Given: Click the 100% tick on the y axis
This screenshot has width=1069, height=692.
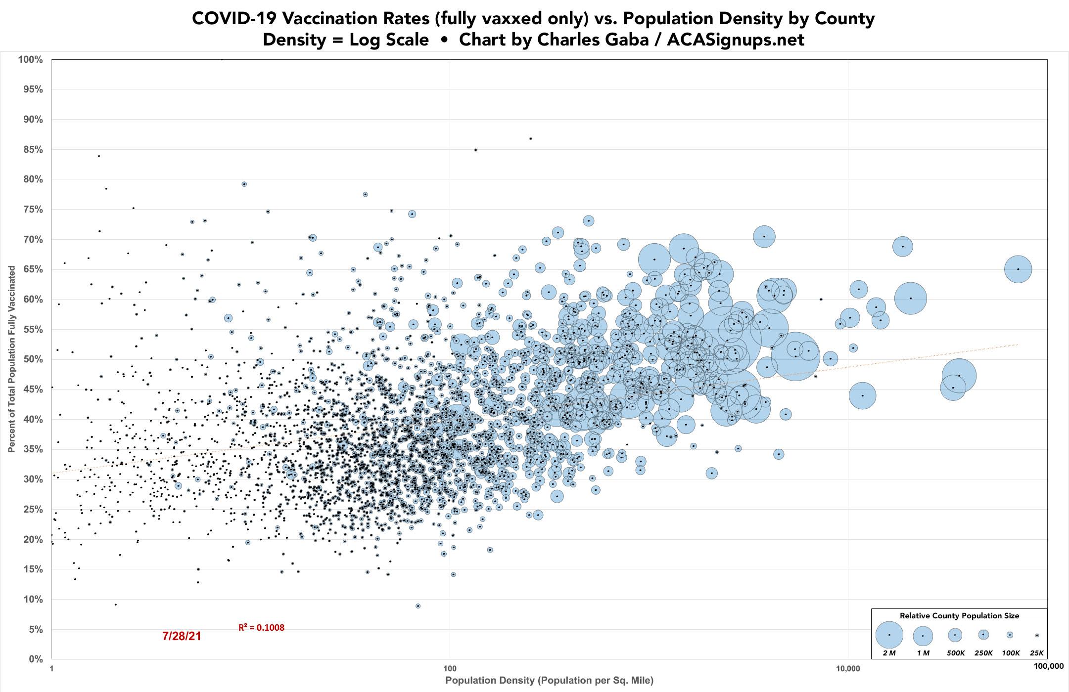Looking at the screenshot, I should pyautogui.click(x=31, y=60).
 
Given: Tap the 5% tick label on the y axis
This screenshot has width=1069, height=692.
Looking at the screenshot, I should pyautogui.click(x=35, y=630).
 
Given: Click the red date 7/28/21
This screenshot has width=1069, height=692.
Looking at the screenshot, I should pyautogui.click(x=182, y=636).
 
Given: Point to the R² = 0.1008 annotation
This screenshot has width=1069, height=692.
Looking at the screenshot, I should pyautogui.click(x=261, y=628).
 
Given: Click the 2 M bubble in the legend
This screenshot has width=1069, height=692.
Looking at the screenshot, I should pyautogui.click(x=889, y=635).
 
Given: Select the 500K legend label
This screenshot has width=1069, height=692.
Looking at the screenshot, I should pyautogui.click(x=955, y=653).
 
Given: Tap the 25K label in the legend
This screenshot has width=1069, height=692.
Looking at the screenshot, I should pyautogui.click(x=1036, y=653).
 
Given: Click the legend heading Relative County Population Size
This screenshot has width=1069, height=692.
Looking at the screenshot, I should pyautogui.click(x=959, y=616).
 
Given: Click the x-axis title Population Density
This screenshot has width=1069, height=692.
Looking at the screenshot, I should pyautogui.click(x=549, y=681).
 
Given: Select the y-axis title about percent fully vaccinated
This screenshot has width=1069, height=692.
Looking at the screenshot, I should pyautogui.click(x=11, y=359).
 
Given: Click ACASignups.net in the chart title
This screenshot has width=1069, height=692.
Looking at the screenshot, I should pyautogui.click(x=736, y=40).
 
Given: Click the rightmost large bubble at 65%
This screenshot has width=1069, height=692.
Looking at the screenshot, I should pyautogui.click(x=1018, y=269).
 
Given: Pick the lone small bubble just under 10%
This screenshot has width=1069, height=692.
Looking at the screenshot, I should pyautogui.click(x=418, y=606).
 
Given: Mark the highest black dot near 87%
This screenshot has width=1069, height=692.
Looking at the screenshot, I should pyautogui.click(x=531, y=138).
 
